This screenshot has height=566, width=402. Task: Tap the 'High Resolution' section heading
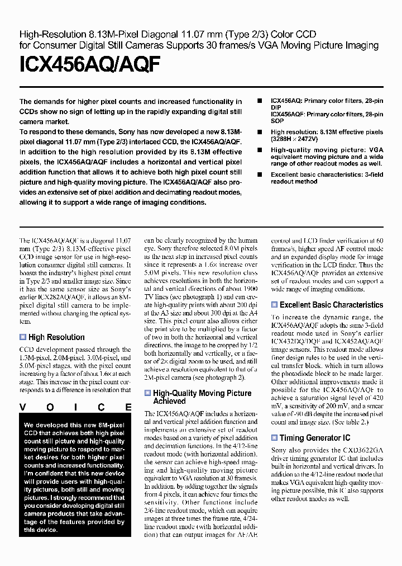click(56, 337)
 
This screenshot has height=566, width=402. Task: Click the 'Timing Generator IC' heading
click(315, 438)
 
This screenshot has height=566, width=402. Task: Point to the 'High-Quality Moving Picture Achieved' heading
click(202, 397)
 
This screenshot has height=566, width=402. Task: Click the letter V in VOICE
click(23, 408)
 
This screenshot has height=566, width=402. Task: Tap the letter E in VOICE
click(128, 408)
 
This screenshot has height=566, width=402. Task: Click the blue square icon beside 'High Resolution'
click(23, 337)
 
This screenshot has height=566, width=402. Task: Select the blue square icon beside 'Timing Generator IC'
click(274, 438)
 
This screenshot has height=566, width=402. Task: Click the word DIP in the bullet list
click(276, 107)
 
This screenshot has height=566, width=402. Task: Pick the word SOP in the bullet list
click(276, 121)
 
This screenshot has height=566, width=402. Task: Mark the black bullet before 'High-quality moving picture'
click(259, 150)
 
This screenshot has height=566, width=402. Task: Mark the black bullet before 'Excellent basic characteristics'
click(259, 175)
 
